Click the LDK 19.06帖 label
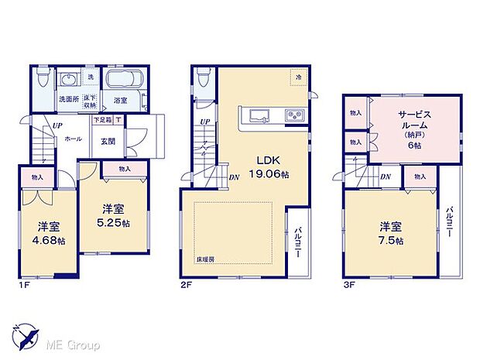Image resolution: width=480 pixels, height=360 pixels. click(x=267, y=167)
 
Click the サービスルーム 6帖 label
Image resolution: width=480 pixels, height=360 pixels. click(x=410, y=129)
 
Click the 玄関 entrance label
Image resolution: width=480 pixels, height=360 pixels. click(x=108, y=140)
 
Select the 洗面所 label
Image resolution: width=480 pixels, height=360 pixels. click(x=67, y=101)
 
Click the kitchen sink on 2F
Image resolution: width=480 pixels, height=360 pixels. click(x=259, y=117)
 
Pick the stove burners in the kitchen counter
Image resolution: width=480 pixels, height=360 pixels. click(x=295, y=117)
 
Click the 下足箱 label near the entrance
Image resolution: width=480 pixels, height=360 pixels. click(x=102, y=120)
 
